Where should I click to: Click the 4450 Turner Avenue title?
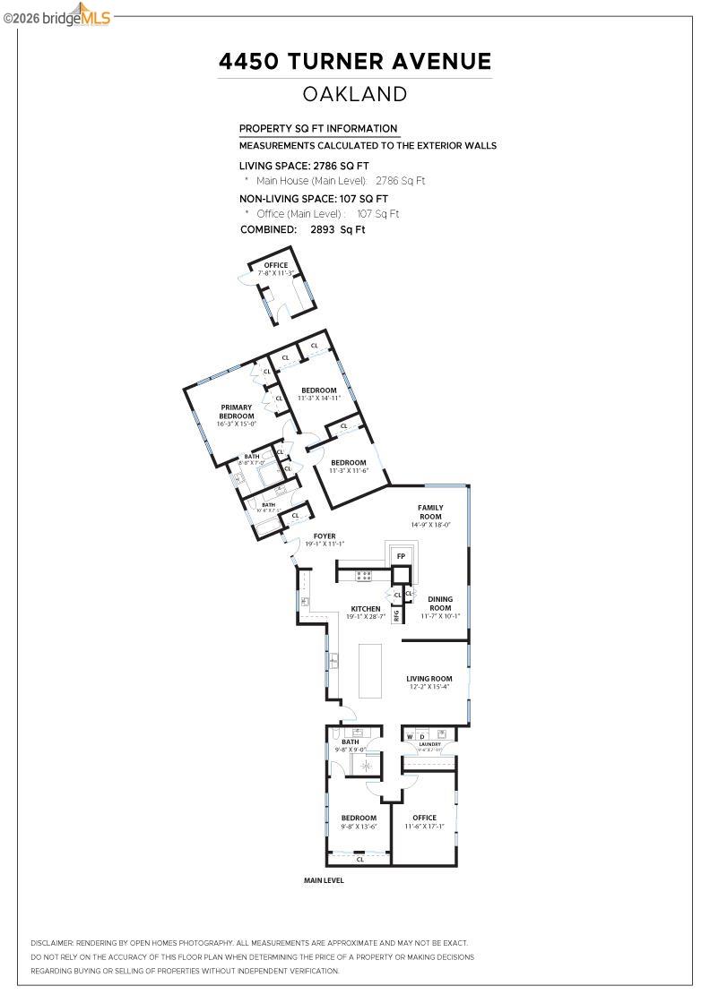pyautogui.click(x=355, y=61)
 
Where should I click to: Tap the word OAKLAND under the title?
pyautogui.click(x=355, y=94)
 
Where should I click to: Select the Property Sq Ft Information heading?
pyautogui.click(x=317, y=129)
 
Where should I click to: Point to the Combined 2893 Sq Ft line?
pyautogui.click(x=303, y=230)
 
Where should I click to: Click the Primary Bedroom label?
pyautogui.click(x=237, y=412)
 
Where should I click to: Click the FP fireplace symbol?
pyautogui.click(x=401, y=556)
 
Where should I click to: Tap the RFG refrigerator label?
pyautogui.click(x=396, y=615)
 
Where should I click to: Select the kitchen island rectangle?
pyautogui.click(x=370, y=670)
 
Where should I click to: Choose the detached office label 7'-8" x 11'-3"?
pyautogui.click(x=275, y=269)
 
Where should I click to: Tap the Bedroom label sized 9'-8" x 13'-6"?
pyautogui.click(x=359, y=822)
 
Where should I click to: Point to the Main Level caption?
pyautogui.click(x=324, y=880)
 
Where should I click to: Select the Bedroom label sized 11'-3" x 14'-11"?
pyautogui.click(x=318, y=394)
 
